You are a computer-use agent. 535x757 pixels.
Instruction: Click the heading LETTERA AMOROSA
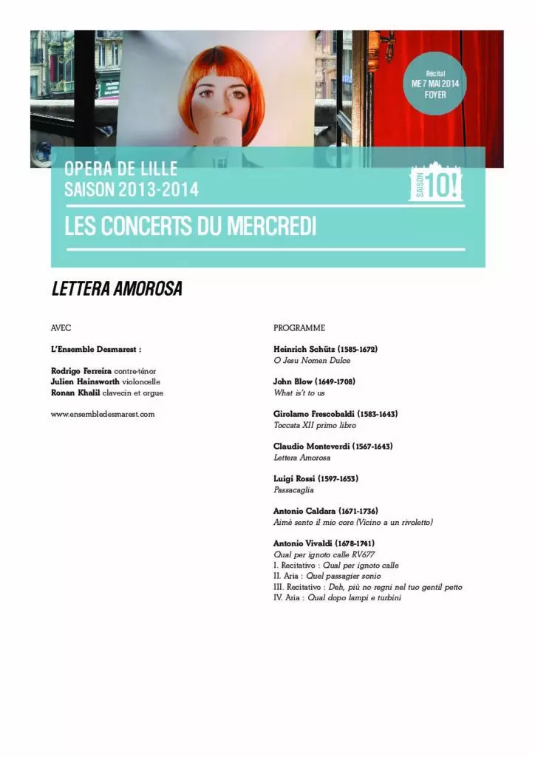pyautogui.click(x=117, y=290)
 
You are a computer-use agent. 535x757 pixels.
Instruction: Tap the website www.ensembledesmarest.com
pyautogui.click(x=103, y=414)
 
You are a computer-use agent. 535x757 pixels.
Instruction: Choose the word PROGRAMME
pyautogui.click(x=299, y=327)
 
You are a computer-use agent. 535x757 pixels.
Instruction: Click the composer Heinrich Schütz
pyautogui.click(x=304, y=348)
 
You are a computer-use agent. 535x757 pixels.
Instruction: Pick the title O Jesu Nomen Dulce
pyautogui.click(x=312, y=360)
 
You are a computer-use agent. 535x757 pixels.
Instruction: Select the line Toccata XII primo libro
pyautogui.click(x=315, y=425)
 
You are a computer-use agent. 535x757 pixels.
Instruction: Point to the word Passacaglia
pyautogui.click(x=293, y=489)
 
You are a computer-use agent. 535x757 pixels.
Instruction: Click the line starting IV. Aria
pyautogui.click(x=337, y=597)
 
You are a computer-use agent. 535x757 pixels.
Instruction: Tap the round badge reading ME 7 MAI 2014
pyautogui.click(x=435, y=84)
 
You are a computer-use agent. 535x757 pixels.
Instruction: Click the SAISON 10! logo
pyautogui.click(x=436, y=183)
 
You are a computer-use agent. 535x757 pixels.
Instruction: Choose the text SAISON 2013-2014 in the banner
pyautogui.click(x=132, y=190)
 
